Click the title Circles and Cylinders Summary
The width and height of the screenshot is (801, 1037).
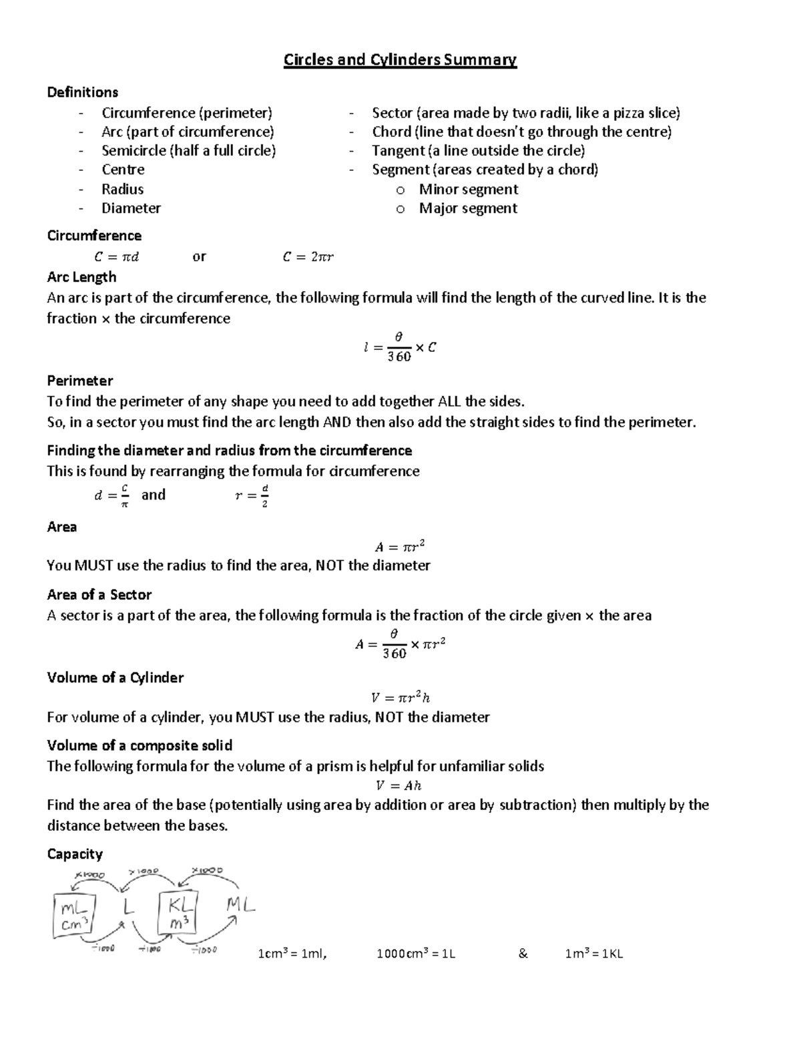pos(400,60)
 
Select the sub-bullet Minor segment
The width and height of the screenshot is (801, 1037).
pos(468,190)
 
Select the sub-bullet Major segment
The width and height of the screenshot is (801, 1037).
pos(468,208)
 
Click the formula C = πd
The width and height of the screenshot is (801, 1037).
pos(116,257)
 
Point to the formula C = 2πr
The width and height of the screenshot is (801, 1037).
pos(308,257)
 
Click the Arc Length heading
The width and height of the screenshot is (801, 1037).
pos(81,277)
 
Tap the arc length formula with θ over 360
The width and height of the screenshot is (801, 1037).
pos(400,347)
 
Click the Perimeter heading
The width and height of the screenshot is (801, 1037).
pos(79,381)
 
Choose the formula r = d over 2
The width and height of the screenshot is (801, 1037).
pos(252,496)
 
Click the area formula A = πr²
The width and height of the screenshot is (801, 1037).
pos(400,548)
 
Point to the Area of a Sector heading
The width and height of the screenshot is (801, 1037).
pos(99,595)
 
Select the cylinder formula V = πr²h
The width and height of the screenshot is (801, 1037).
pos(400,698)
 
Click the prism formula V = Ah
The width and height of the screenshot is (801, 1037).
pos(398,786)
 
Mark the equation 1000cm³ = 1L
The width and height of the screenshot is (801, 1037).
pos(416,954)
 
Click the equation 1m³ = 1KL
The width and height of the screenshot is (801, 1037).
pos(593,954)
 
